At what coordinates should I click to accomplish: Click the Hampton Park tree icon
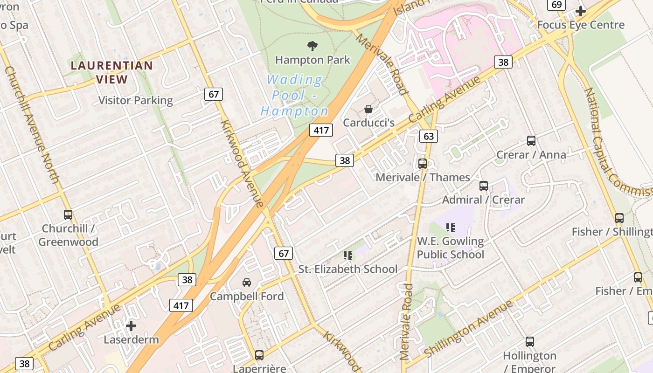312,46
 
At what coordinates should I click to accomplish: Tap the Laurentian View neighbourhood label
112,72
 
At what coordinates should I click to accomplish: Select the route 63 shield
429,136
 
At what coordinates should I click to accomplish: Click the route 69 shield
556,4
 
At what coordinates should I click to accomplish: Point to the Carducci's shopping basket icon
368,110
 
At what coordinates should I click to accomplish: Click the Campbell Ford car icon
247,282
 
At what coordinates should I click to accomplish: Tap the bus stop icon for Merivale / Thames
423,164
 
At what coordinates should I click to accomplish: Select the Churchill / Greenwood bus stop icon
68,215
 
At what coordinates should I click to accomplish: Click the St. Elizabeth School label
348,269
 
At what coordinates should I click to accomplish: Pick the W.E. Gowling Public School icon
450,228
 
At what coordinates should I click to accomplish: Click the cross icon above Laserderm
131,325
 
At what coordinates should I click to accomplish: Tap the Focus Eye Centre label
581,25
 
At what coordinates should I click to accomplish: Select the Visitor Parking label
135,100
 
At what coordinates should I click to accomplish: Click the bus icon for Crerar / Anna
531,140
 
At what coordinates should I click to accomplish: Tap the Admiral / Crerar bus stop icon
484,186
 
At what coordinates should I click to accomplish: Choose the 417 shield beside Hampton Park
321,130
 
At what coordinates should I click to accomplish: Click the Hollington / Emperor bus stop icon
530,342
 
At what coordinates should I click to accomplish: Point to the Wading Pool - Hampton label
295,96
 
